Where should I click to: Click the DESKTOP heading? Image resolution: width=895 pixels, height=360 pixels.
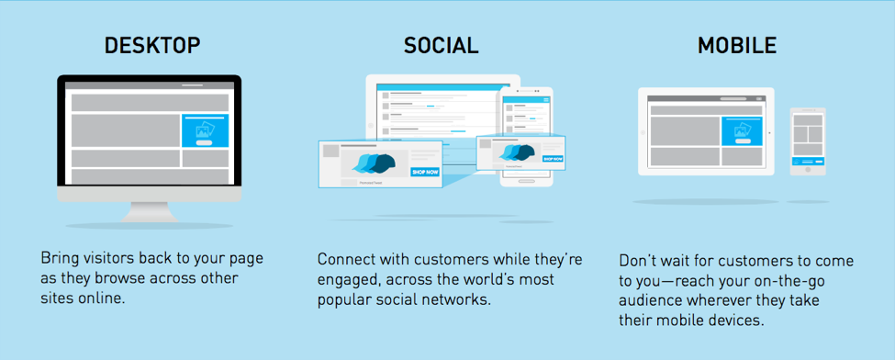(152, 46)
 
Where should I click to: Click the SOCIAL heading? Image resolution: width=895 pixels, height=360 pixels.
(442, 46)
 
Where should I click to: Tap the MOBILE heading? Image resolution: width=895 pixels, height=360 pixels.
(737, 46)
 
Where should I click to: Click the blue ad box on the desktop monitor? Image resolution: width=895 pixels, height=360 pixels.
(205, 130)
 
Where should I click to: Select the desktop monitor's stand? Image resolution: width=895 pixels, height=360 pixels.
(149, 212)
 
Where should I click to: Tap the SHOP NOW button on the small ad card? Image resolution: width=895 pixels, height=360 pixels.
(553, 159)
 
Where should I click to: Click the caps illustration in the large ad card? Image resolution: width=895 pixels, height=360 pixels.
(374, 164)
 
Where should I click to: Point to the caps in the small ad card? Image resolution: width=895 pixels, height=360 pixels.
(517, 152)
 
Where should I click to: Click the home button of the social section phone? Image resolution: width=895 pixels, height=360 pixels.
(527, 181)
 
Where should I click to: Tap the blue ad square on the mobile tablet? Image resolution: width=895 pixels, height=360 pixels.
(742, 130)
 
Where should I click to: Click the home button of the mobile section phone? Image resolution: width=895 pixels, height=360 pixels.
(808, 170)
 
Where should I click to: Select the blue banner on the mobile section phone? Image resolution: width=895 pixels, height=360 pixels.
(808, 161)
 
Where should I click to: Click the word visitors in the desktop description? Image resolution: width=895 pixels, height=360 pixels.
(105, 258)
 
